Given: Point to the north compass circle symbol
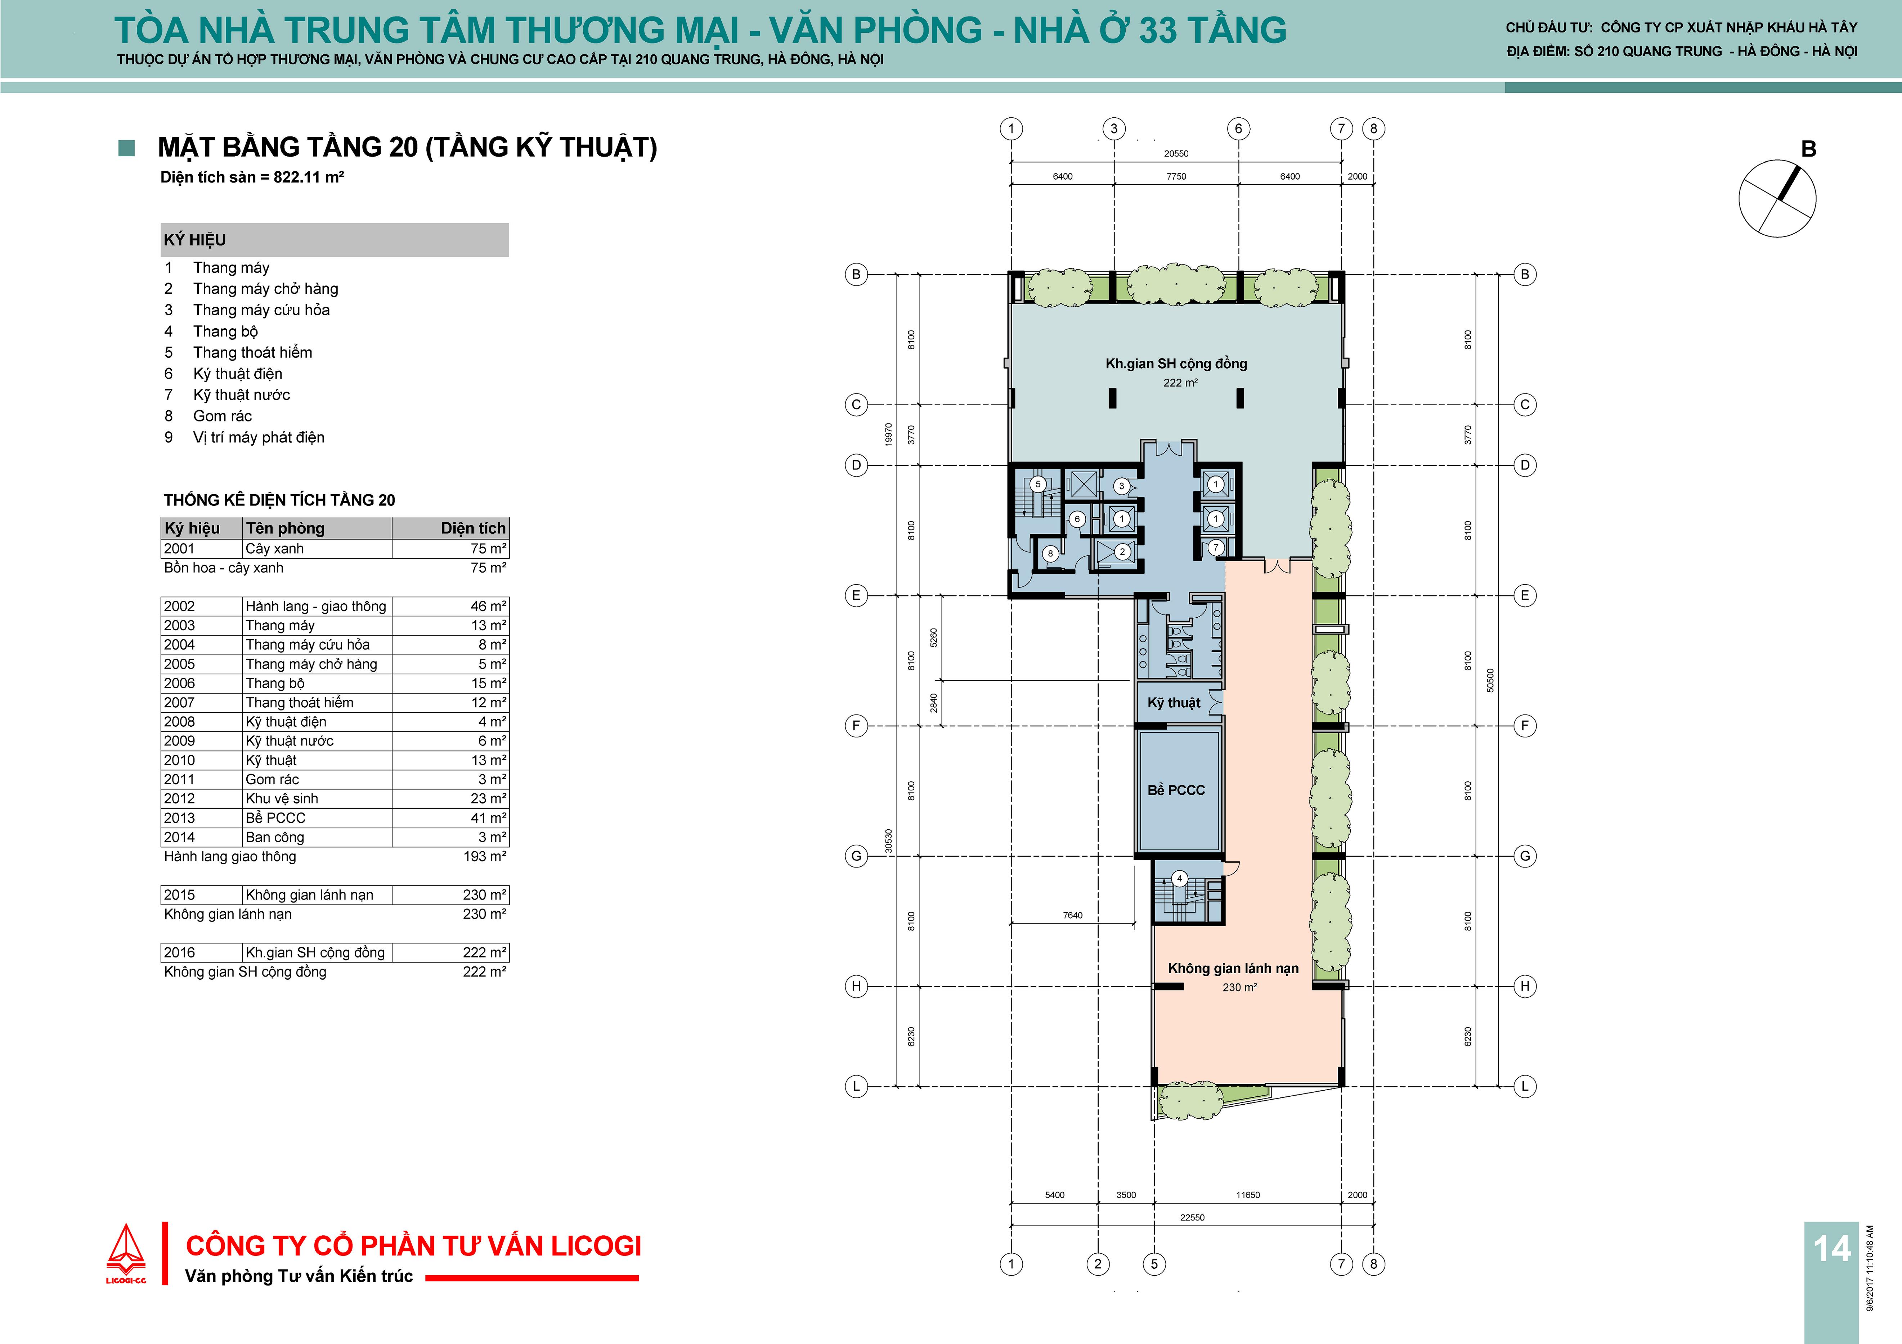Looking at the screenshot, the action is pyautogui.click(x=1777, y=199).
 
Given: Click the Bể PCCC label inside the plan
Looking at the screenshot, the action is pyautogui.click(x=1176, y=790).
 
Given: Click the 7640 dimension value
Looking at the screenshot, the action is pyautogui.click(x=1073, y=915).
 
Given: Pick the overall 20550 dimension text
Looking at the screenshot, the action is pyautogui.click(x=1176, y=153).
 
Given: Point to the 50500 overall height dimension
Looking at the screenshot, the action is pyautogui.click(x=1490, y=680).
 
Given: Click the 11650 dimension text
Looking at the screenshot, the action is pyautogui.click(x=1248, y=1195).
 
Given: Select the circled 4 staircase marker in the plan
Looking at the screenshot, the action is pyautogui.click(x=1180, y=879).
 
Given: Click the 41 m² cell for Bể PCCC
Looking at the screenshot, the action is pyautogui.click(x=489, y=817).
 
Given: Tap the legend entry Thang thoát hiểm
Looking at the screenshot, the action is pyautogui.click(x=253, y=352).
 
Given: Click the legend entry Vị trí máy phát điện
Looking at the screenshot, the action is pyautogui.click(x=259, y=437).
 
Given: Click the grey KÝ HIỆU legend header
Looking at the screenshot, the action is pyautogui.click(x=335, y=239).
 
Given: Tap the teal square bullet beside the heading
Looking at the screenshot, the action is pyautogui.click(x=127, y=148).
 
